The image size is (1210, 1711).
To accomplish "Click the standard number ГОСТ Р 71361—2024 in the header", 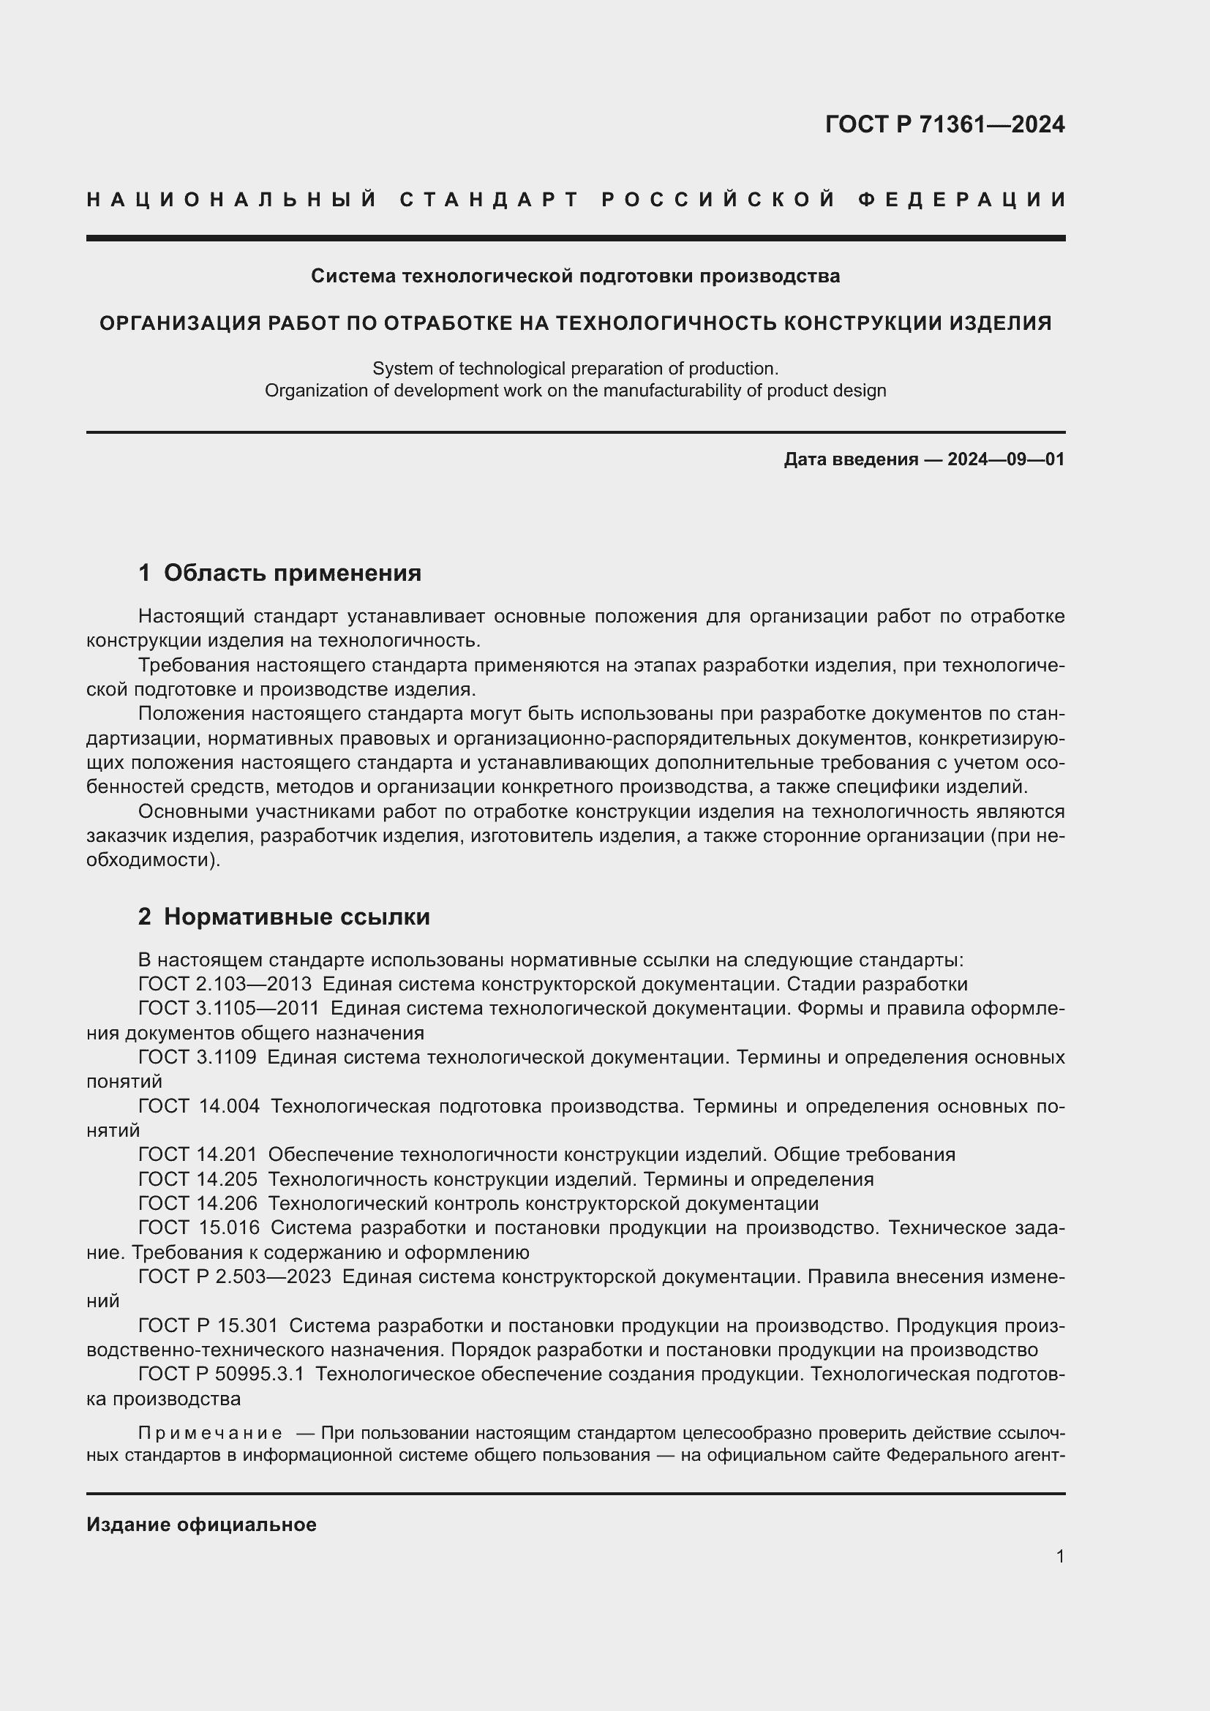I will pos(944,124).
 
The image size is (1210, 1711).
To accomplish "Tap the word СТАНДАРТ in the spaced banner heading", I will pos(489,200).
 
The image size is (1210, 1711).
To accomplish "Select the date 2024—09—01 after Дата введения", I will pos(1005,459).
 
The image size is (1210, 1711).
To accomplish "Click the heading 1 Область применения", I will pos(279,572).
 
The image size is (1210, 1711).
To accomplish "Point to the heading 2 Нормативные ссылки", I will pos(284,917).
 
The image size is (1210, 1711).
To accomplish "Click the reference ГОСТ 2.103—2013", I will pos(225,985).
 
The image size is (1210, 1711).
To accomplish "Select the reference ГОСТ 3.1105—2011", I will pos(229,1008).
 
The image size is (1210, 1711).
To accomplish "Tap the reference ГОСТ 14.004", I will pos(199,1106).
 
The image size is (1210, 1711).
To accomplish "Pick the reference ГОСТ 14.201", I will pos(198,1154).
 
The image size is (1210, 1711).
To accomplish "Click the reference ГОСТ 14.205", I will pos(198,1179).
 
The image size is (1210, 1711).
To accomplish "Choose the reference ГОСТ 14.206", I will pos(198,1203).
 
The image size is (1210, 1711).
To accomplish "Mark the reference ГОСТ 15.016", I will pos(199,1227).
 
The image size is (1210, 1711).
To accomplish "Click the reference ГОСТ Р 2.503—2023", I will pos(235,1276).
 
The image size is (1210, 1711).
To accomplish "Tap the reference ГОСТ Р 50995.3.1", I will pos(221,1374).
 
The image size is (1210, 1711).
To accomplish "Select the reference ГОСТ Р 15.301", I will pos(208,1325).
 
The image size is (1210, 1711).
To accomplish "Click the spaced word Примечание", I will pos(210,1433).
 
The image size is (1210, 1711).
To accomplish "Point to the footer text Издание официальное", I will pos(201,1524).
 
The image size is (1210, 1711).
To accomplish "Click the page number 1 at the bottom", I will pos(1059,1556).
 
